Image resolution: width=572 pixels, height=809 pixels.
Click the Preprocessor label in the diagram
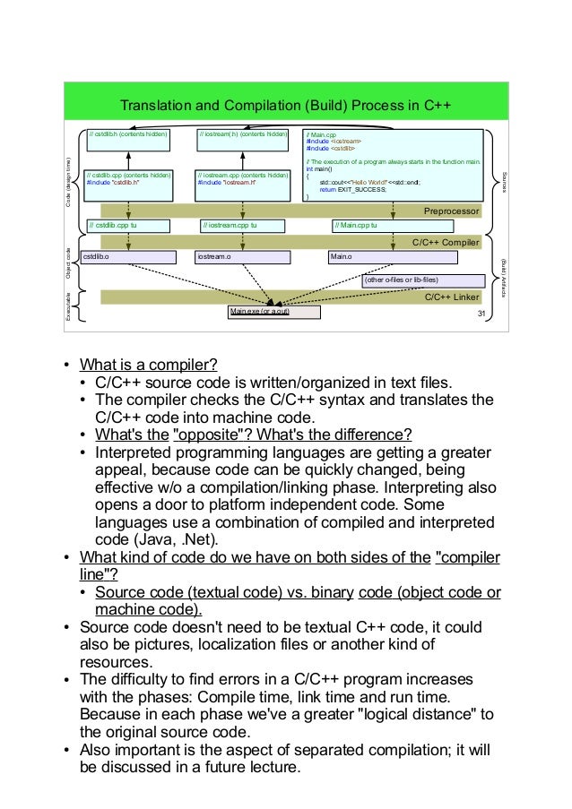point(452,211)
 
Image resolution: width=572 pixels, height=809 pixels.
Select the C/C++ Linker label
point(452,297)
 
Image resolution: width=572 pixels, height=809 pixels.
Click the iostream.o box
point(243,257)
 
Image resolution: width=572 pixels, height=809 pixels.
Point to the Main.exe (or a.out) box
point(273,312)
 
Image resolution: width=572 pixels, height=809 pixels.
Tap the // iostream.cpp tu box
point(247,226)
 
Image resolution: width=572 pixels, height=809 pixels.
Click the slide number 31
point(481,313)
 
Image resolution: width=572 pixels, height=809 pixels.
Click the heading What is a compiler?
point(148,365)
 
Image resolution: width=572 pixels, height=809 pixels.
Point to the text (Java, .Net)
point(176,539)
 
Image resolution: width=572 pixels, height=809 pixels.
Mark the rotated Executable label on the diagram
point(69,305)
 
